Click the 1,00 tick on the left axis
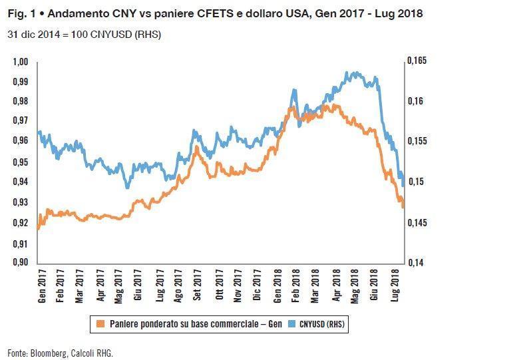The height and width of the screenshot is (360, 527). click(x=20, y=62)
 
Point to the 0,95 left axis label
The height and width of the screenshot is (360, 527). click(x=20, y=162)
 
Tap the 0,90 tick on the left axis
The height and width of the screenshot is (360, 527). click(x=20, y=262)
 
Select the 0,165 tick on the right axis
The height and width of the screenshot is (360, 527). click(x=417, y=61)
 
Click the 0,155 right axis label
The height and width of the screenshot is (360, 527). click(x=417, y=141)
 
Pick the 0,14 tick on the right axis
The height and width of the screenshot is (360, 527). click(x=416, y=263)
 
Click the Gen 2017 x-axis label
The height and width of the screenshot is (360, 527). click(x=42, y=286)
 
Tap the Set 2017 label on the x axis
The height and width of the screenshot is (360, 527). click(x=197, y=285)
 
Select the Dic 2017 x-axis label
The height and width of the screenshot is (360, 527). click(x=257, y=285)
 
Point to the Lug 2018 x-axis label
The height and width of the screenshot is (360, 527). click(x=395, y=285)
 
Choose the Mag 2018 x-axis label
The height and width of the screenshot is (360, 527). click(x=355, y=286)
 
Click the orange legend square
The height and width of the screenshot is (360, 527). click(x=100, y=323)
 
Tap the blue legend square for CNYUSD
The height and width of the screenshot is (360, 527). click(x=291, y=323)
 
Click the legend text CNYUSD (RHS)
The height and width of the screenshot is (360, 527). click(x=322, y=324)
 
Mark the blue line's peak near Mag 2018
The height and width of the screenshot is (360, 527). click(x=347, y=73)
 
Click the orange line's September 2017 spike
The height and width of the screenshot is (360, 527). click(x=196, y=148)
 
